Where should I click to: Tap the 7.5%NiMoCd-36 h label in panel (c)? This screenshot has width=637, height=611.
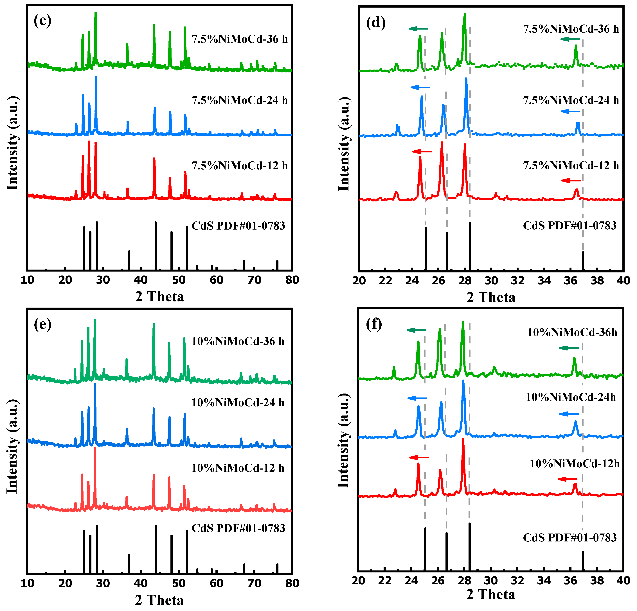pos(240,39)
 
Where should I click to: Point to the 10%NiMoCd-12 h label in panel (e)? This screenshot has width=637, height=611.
pos(238,468)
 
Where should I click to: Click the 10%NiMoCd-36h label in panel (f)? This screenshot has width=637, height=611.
pos(572,332)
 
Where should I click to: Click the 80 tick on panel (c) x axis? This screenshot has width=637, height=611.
pos(292,280)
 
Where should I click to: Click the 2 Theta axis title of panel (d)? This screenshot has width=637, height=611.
pos(491,297)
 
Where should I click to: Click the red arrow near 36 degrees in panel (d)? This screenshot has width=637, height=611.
pos(571,181)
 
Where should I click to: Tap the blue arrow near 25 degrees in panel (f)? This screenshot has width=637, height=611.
pos(417,398)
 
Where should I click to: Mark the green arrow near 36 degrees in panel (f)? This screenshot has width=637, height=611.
pos(569,348)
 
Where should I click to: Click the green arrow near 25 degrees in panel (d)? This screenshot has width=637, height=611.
pos(418,29)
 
